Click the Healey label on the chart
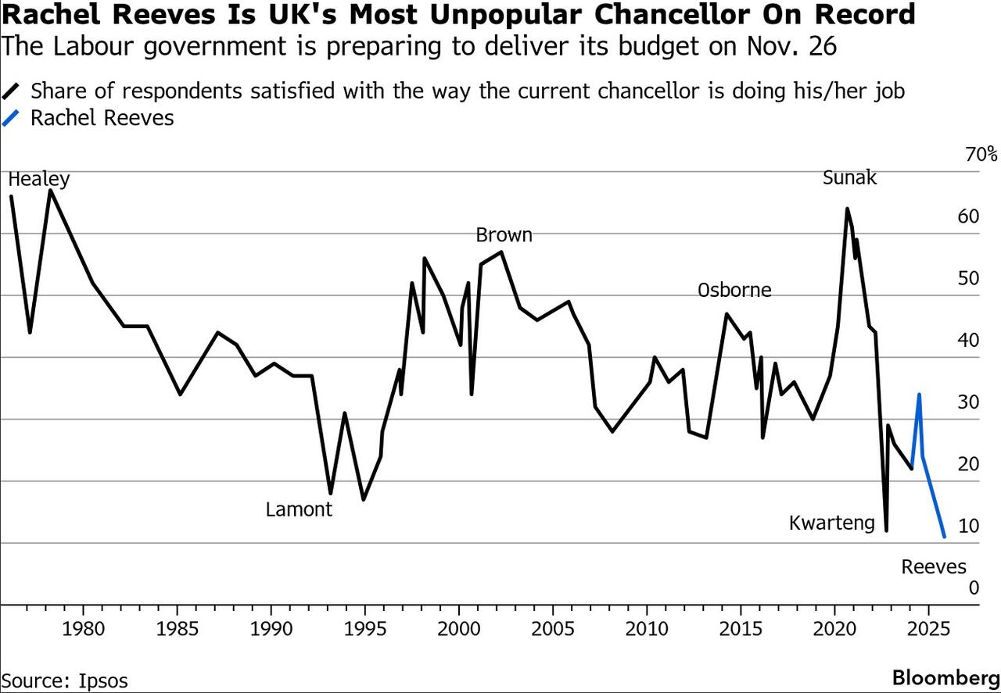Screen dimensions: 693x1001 (38, 179)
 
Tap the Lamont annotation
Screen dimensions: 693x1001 (299, 509)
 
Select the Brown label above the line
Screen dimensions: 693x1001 (504, 234)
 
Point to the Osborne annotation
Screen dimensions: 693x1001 (734, 290)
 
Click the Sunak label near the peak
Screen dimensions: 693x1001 (849, 177)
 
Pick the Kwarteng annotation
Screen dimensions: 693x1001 (832, 522)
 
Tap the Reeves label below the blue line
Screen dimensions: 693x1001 (934, 566)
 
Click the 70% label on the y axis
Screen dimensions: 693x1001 (981, 155)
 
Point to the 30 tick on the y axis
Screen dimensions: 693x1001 (968, 402)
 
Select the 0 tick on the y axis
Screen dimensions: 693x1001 (974, 588)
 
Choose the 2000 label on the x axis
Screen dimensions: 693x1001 (459, 629)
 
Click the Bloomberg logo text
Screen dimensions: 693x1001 (945, 677)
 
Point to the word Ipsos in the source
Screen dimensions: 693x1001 (102, 680)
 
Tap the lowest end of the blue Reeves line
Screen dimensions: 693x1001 (945, 537)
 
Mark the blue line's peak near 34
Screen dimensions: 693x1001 (919, 395)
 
